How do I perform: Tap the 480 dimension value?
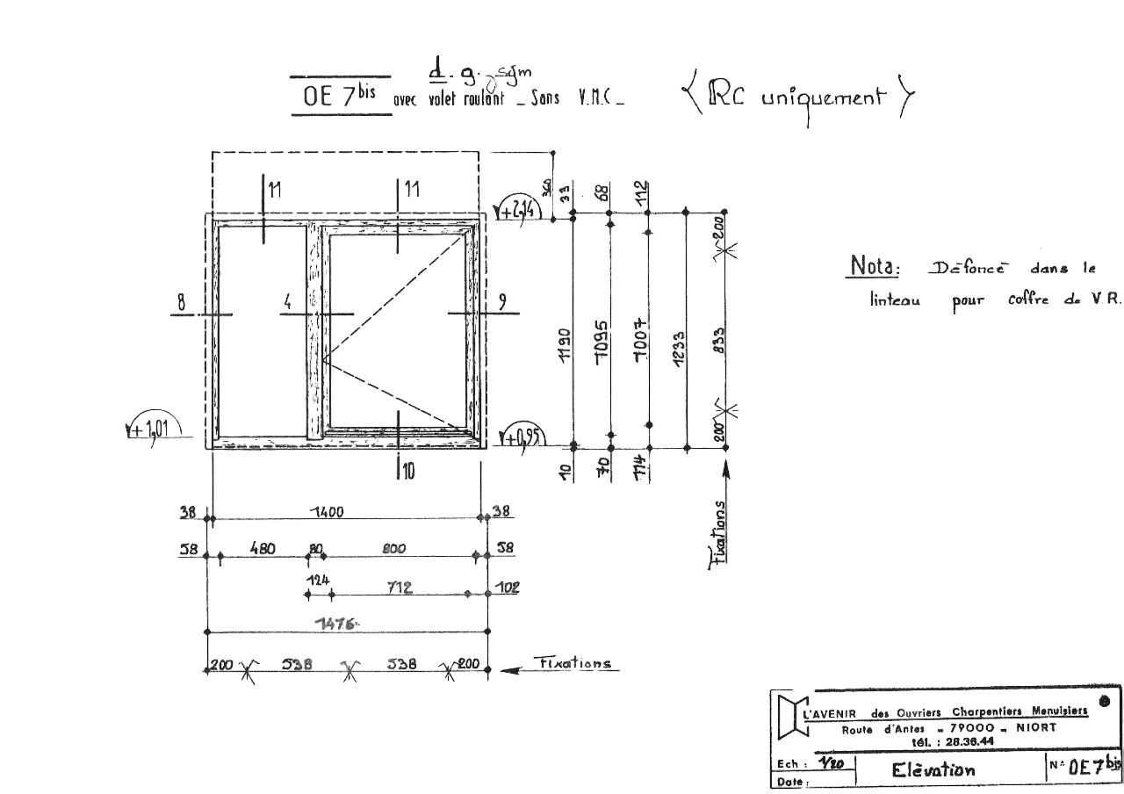point(263,549)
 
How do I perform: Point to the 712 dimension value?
point(400,586)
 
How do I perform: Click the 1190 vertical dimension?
point(566,345)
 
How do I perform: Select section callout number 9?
point(501,302)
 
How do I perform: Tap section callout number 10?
point(409,472)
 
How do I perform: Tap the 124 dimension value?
point(318,581)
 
